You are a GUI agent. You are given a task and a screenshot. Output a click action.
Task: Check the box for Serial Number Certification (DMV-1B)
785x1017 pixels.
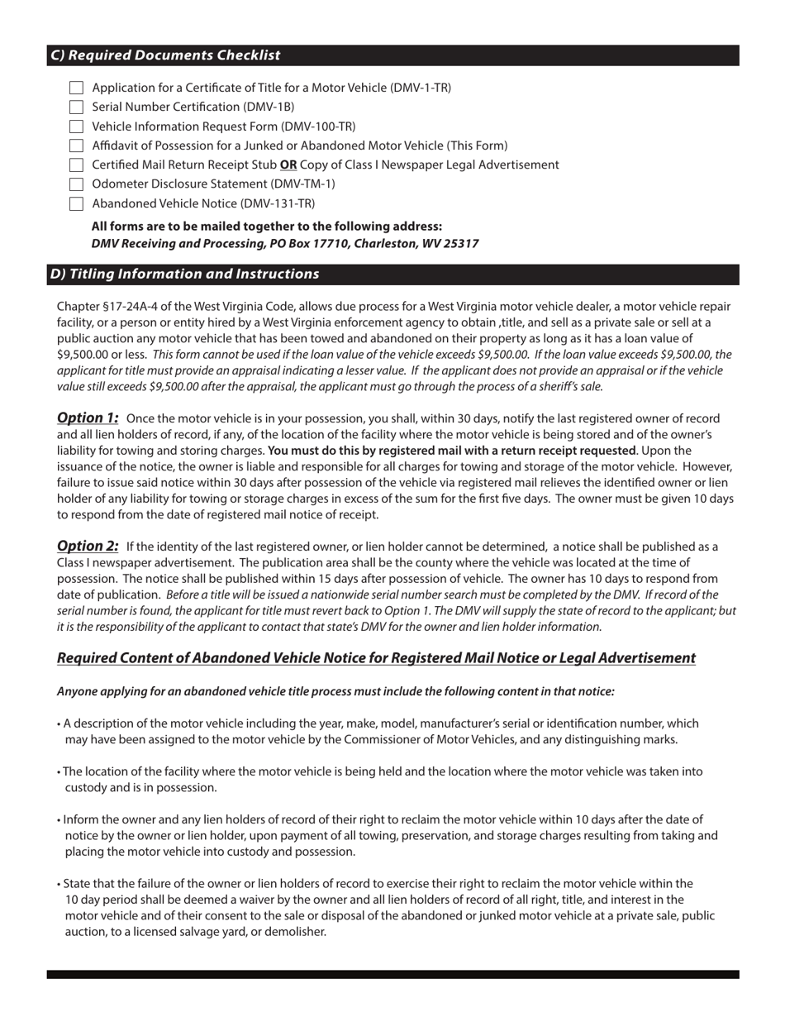point(77,107)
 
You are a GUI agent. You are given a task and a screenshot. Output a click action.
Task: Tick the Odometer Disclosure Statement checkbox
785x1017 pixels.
point(77,184)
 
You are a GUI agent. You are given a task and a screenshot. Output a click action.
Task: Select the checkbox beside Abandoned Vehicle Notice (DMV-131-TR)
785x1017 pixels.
point(77,203)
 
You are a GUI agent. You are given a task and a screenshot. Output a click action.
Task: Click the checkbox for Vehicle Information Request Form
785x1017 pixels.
point(77,127)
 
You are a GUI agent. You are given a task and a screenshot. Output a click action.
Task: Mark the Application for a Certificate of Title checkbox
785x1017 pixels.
point(77,88)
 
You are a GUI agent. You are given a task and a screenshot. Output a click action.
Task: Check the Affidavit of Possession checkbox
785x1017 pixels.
point(77,146)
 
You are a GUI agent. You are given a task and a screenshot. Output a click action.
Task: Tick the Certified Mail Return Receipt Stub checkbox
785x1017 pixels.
point(77,165)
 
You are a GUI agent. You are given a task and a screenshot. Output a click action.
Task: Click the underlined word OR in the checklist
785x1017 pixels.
point(288,165)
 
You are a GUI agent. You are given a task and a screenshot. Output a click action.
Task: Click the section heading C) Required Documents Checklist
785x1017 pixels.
point(165,55)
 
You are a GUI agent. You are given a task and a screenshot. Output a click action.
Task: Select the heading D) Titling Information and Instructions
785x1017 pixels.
point(184,274)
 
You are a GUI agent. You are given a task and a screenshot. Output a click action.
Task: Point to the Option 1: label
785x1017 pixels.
point(88,418)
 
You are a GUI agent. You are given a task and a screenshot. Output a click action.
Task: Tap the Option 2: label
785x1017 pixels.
point(88,546)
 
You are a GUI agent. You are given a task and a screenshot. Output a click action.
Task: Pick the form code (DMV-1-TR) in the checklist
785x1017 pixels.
point(420,88)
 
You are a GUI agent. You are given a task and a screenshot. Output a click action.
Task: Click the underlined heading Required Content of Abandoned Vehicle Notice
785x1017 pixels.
point(376,658)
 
